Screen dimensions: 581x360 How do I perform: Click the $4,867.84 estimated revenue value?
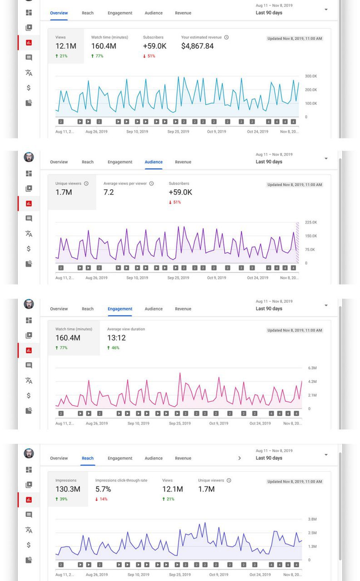(197, 46)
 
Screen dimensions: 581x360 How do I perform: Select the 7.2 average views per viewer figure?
(108, 192)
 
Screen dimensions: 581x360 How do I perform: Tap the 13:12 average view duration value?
(116, 338)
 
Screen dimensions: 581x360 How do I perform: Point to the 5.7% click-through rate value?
(103, 489)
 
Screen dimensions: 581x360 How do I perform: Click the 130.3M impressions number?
(68, 489)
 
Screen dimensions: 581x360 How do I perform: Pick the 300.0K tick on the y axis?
(311, 76)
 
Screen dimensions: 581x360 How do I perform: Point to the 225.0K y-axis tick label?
(311, 222)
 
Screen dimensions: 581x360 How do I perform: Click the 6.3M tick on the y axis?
(312, 368)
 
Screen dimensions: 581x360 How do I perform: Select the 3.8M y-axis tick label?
(312, 519)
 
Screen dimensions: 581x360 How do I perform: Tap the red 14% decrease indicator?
(101, 499)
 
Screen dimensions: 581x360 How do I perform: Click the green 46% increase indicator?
(113, 348)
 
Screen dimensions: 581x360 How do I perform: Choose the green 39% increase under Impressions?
(61, 499)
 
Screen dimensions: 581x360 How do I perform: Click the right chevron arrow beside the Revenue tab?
(240, 458)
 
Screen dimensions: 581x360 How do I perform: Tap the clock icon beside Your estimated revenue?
(227, 37)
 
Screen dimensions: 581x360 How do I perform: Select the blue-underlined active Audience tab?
(153, 162)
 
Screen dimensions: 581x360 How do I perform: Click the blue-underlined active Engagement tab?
(120, 309)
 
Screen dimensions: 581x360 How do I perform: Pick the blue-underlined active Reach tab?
(88, 458)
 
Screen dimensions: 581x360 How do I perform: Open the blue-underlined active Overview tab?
(59, 13)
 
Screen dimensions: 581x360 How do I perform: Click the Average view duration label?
(126, 329)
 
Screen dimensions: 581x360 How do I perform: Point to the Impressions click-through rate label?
(121, 480)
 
